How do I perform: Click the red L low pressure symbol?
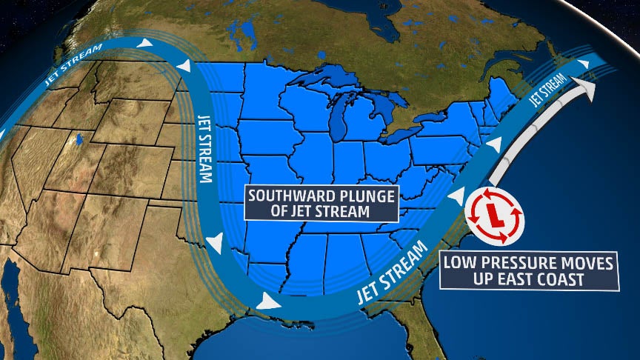tap(492, 215)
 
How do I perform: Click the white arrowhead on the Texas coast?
tap(267, 301)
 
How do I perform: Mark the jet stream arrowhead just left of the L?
tap(458, 198)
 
